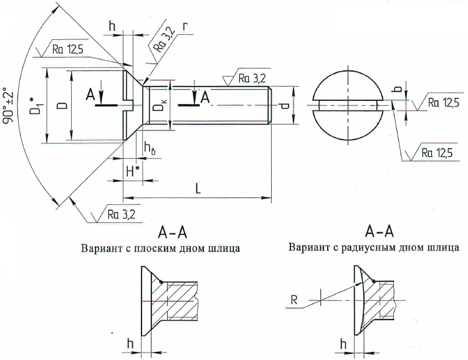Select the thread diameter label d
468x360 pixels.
[284, 106]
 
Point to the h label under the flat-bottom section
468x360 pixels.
[130, 343]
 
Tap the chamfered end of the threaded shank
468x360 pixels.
[269, 106]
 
